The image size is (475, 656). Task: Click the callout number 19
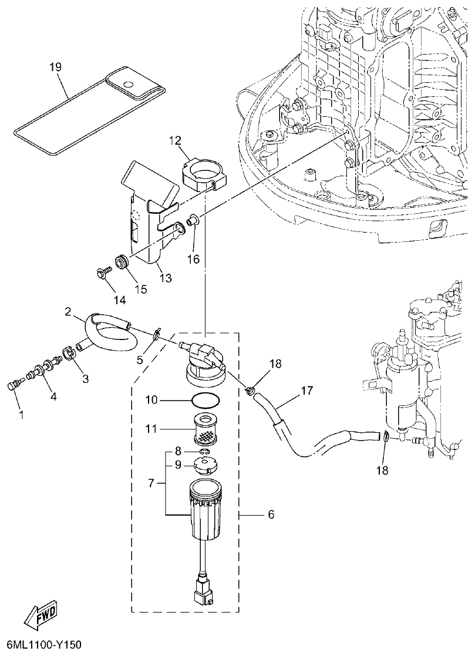pos(55,68)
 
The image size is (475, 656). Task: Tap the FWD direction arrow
pos(42,615)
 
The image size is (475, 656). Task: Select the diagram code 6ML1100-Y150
pos(42,645)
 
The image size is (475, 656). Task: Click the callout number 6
pos(271,514)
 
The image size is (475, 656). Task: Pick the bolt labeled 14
pos(103,273)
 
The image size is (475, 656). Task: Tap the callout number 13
pos(166,278)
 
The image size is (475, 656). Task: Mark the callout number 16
pos(194,258)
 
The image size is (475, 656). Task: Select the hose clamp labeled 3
pos(69,354)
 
